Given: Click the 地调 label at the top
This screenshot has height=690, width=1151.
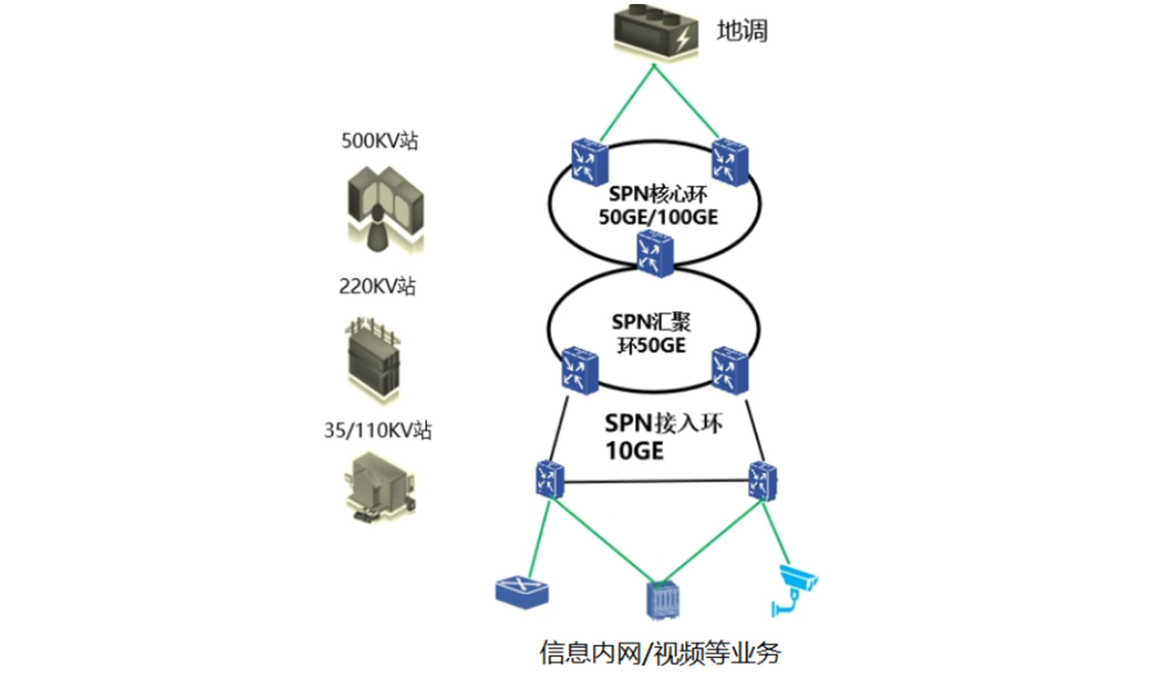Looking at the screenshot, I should pos(742,31).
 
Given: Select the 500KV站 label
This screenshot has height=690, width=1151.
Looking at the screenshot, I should pos(380,141).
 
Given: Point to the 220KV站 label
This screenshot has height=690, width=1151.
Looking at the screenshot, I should pos(378,286).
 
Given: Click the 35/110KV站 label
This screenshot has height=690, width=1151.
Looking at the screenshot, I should pos(378,430).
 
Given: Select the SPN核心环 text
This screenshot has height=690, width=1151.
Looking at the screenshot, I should pos(658,194).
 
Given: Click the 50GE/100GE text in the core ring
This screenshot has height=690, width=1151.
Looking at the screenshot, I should pos(658,217).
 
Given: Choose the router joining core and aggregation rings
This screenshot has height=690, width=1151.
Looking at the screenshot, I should pos(655,254).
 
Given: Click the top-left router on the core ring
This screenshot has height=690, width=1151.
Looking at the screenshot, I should pos(589,162).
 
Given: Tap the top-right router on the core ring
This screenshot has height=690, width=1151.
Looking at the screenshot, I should pos(730,162).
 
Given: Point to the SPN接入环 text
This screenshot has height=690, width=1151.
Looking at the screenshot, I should pos(664,424).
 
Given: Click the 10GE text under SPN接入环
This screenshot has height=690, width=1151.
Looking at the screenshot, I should pos(634,451).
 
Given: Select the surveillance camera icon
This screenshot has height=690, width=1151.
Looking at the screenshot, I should pos(795,589).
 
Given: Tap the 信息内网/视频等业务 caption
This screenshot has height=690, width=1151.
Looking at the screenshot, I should pos(660,653).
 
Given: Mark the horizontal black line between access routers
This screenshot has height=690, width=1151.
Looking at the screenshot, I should pos(656,481).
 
